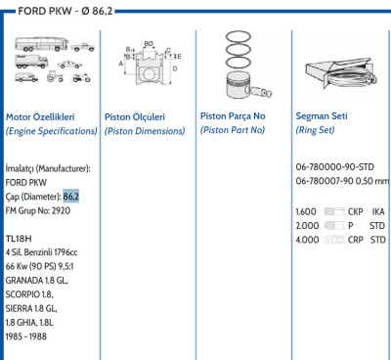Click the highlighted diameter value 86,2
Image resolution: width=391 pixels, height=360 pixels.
point(71,197)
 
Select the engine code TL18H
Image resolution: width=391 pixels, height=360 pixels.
point(19,239)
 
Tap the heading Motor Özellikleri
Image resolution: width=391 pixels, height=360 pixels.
point(40,116)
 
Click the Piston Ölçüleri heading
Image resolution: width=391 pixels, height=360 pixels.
point(135,116)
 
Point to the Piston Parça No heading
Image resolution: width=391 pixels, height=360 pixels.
point(233,115)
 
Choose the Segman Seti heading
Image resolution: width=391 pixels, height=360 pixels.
point(322,115)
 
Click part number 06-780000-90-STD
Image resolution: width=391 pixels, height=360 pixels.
point(334,167)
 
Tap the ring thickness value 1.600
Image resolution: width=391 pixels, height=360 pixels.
point(306,211)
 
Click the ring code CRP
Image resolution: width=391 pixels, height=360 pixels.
point(356,240)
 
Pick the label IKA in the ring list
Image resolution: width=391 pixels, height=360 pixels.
point(378,211)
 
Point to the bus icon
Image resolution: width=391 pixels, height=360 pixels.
point(41,44)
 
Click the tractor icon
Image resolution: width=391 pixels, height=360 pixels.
point(55,76)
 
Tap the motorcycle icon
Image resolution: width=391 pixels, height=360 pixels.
point(81,77)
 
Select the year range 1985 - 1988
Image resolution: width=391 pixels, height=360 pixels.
point(26,337)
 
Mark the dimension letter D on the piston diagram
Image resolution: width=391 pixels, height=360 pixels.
point(175,68)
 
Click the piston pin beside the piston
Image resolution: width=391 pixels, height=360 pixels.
point(261,92)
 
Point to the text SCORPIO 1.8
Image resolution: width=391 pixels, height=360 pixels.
point(29,294)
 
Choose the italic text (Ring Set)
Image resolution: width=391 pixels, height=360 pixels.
point(315,130)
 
